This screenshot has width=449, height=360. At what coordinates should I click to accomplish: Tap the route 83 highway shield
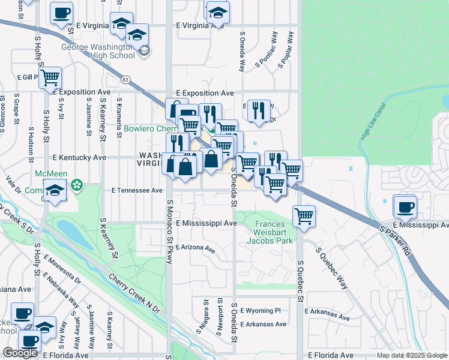point(125,79)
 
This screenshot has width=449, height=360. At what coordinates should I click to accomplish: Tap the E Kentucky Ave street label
point(79,157)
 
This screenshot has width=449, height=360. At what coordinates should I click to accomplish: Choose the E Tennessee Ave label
point(137,190)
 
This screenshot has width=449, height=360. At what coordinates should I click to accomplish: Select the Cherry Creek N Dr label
point(134,294)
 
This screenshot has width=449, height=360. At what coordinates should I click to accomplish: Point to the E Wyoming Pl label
point(261,311)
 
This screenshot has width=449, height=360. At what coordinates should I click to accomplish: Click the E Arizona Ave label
point(196,247)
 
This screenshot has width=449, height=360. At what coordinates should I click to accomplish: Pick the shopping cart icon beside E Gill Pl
point(50,77)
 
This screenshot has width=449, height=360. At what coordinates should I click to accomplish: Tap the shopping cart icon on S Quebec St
point(304,216)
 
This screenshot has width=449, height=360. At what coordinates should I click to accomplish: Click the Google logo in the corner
point(20,353)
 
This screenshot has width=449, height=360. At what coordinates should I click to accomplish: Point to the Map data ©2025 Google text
point(412,356)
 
